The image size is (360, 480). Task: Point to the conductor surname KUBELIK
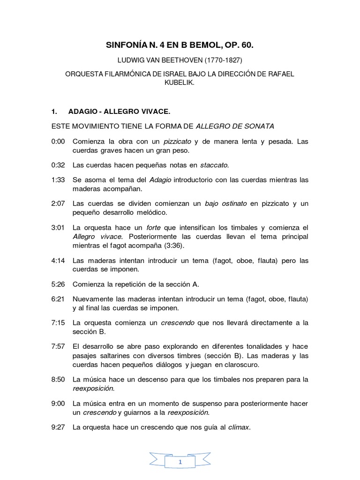[180, 83]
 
